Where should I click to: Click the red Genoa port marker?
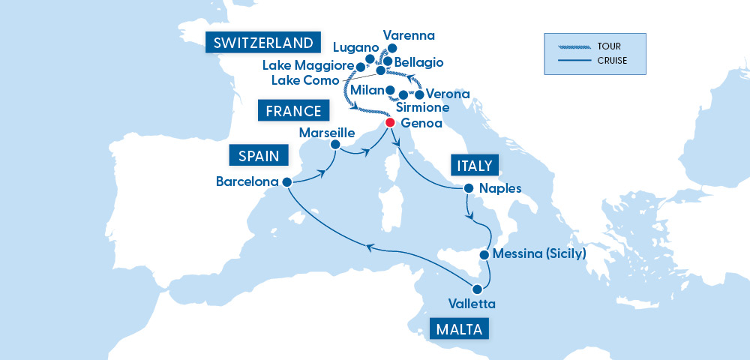[x=389, y=122]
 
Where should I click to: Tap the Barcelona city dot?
[x=286, y=181]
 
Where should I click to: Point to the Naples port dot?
[x=468, y=188]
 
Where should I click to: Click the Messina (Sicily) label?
[x=539, y=254]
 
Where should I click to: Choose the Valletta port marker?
[x=476, y=289]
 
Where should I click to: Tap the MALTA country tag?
[x=460, y=328]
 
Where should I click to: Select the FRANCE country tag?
[x=294, y=112]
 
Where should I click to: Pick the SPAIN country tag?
[x=259, y=156]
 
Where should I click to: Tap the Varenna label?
[x=409, y=35]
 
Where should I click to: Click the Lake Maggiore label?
[x=307, y=66]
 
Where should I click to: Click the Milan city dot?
[x=390, y=91]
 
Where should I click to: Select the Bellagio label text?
[x=418, y=61]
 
